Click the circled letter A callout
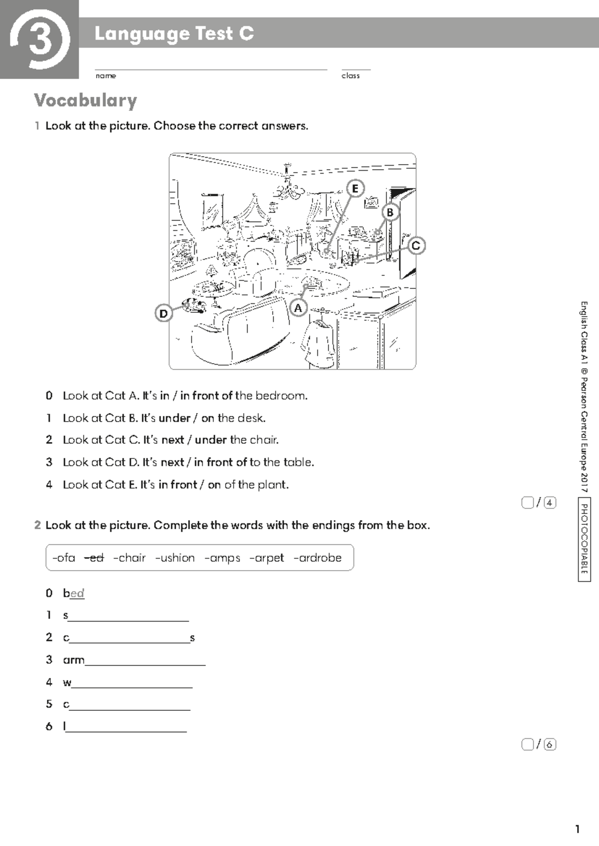(x=298, y=308)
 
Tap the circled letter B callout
(x=390, y=212)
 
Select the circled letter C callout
(x=416, y=245)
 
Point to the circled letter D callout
(x=163, y=314)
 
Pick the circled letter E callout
(x=355, y=189)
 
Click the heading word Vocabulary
(x=85, y=101)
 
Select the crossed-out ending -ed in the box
(x=94, y=558)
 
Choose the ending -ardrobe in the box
(x=317, y=558)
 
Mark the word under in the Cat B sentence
(x=174, y=418)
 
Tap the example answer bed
(x=73, y=593)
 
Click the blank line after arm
(x=145, y=660)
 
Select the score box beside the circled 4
(x=527, y=503)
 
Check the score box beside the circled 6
(x=527, y=745)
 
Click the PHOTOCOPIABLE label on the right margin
(x=584, y=539)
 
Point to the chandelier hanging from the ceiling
(x=288, y=187)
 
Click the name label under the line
(x=105, y=76)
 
